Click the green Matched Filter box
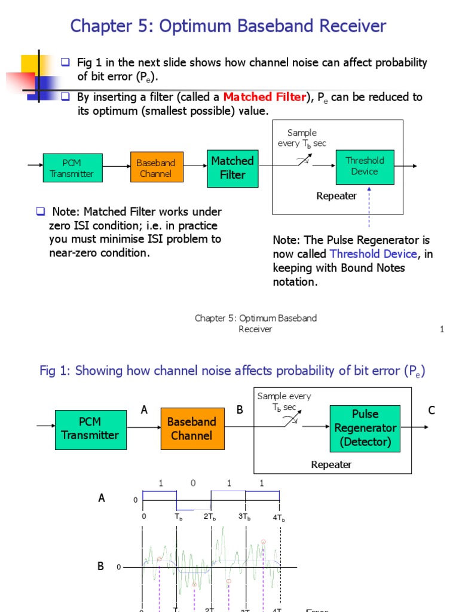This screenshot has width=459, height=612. (232, 167)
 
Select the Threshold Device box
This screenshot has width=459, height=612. (365, 166)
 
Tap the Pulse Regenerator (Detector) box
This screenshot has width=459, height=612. (365, 428)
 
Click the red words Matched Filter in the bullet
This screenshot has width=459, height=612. (264, 97)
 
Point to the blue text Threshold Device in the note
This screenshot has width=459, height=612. (373, 254)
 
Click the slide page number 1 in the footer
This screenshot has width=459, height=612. (442, 329)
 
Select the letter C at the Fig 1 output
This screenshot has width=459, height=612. (432, 411)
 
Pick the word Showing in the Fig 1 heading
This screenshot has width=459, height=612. (98, 371)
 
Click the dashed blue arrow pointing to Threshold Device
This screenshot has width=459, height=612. (369, 206)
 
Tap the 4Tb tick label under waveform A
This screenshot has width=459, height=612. (279, 518)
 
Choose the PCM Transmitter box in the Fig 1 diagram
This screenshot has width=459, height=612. (90, 429)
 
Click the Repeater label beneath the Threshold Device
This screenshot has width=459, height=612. (336, 196)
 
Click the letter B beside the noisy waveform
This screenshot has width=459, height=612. (101, 565)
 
